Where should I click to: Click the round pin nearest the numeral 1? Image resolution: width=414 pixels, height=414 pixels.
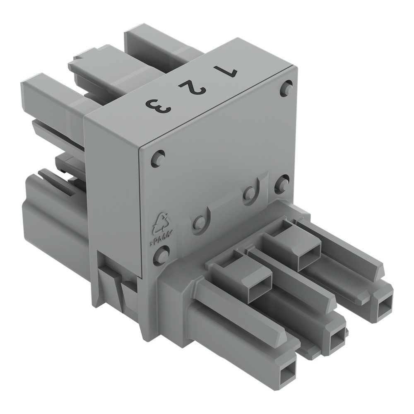point(286,88)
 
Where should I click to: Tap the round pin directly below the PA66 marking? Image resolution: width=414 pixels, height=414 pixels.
point(161,255)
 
